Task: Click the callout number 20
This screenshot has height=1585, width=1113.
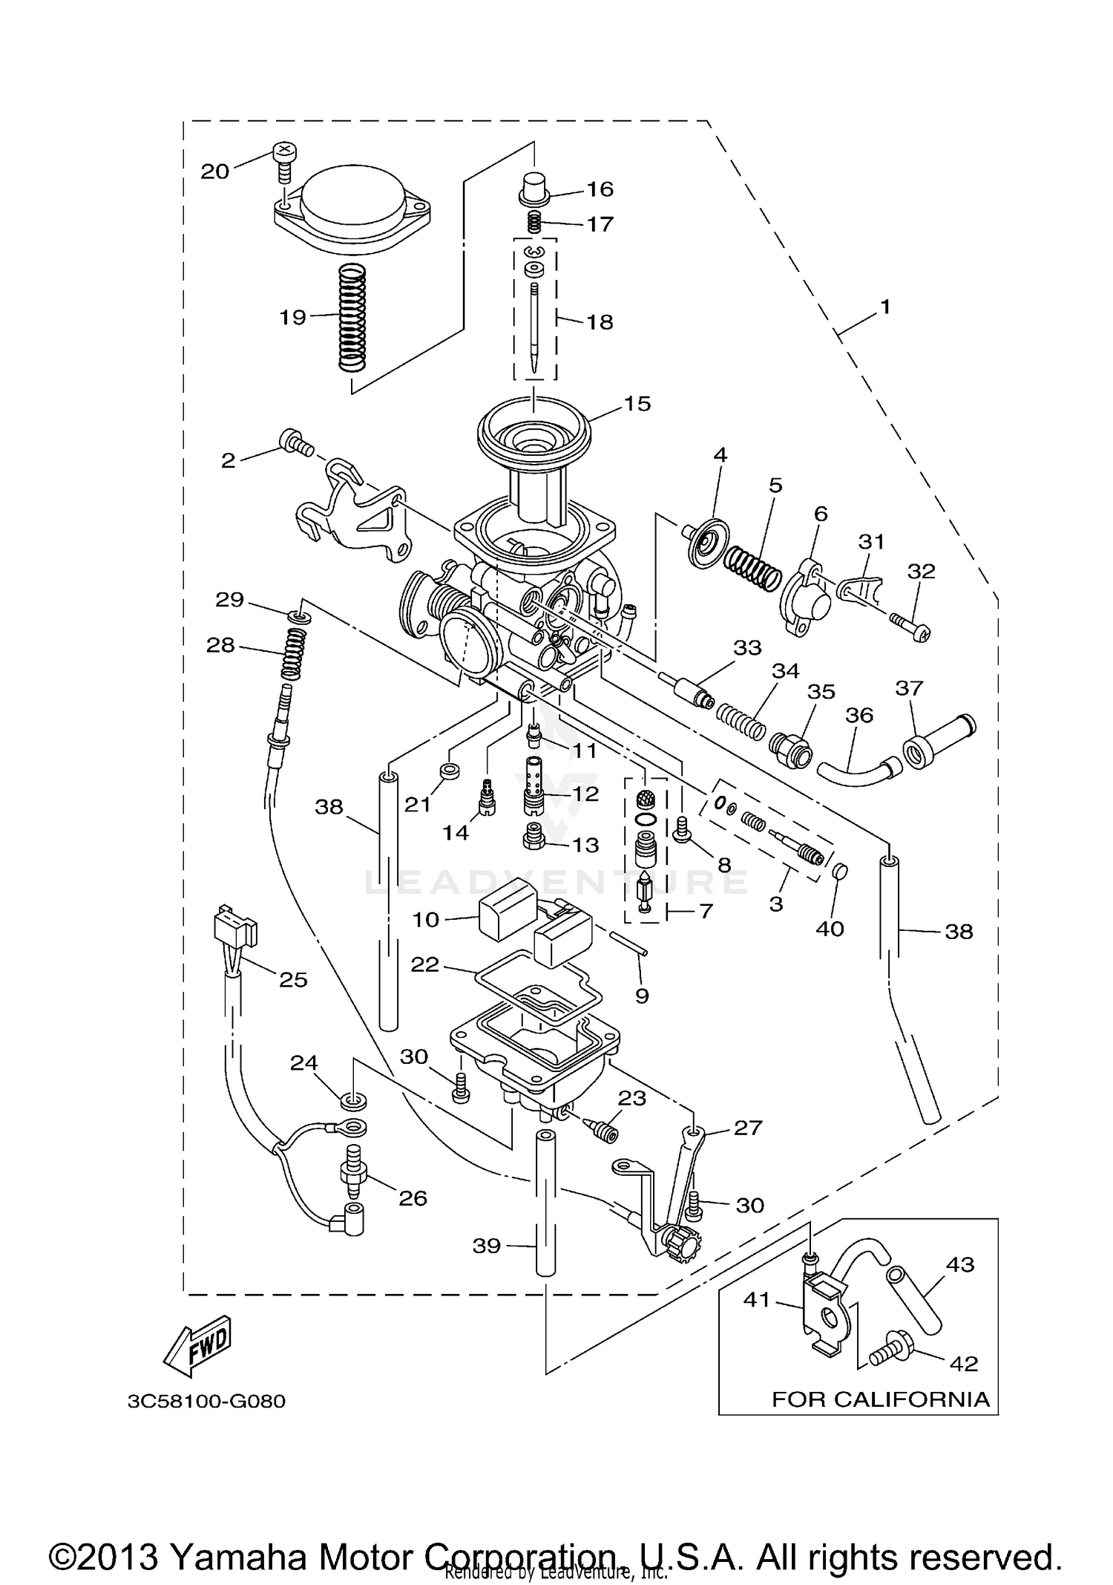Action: [x=215, y=171]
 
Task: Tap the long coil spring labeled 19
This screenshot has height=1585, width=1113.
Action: [x=352, y=318]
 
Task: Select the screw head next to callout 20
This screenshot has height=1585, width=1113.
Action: [x=284, y=153]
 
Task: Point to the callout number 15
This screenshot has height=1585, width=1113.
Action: [x=637, y=404]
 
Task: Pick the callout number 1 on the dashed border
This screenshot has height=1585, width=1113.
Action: [x=884, y=307]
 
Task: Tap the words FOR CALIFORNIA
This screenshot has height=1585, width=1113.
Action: [x=881, y=1399]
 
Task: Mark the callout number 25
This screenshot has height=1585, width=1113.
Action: [x=293, y=979]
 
